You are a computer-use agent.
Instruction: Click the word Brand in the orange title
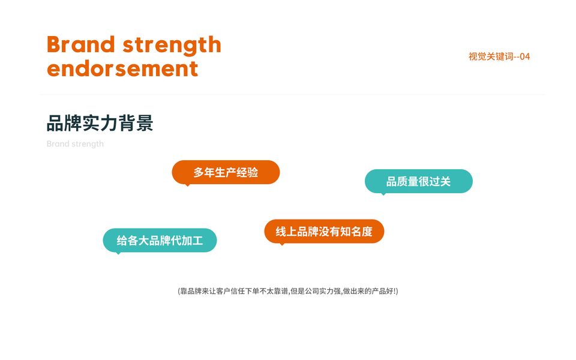pos(81,44)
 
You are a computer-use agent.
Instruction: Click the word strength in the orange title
pos(172,46)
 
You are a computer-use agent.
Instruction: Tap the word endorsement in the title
pos(122,68)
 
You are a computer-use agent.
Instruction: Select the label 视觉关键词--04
pos(499,56)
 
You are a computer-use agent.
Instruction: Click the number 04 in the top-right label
pos(525,56)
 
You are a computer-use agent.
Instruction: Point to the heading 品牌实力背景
pos(100,123)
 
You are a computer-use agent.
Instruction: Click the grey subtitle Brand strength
pos(75,144)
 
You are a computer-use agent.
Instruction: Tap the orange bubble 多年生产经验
pos(226,172)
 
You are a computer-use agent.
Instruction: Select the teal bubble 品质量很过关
pos(419,181)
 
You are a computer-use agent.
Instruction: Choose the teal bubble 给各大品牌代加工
pos(160,240)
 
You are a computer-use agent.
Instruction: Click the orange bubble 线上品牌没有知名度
pos(324,232)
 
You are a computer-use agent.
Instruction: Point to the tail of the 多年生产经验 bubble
pos(188,185)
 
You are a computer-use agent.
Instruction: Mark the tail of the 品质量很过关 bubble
pos(383,194)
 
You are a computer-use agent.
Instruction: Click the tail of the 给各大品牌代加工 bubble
pos(118,253)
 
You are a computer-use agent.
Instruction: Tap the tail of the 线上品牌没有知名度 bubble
pos(282,244)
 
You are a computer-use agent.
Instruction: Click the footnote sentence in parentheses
pos(288,292)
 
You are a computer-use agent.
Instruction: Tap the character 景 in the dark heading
pos(145,123)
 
